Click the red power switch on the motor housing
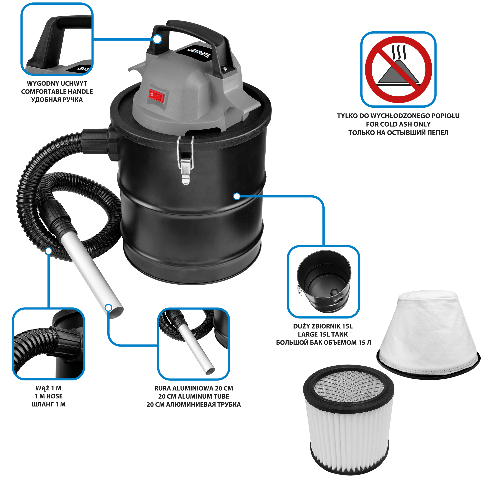pos(157,96)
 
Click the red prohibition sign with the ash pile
pos(398,69)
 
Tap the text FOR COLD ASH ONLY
pos(398,124)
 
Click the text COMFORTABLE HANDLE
pos(57,92)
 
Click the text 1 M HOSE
pos(48,396)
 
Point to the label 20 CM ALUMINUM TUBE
pos(193,397)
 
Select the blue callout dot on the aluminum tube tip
pos(108,308)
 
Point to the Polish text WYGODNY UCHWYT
pos(57,83)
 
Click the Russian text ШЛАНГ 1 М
pos(48,405)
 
